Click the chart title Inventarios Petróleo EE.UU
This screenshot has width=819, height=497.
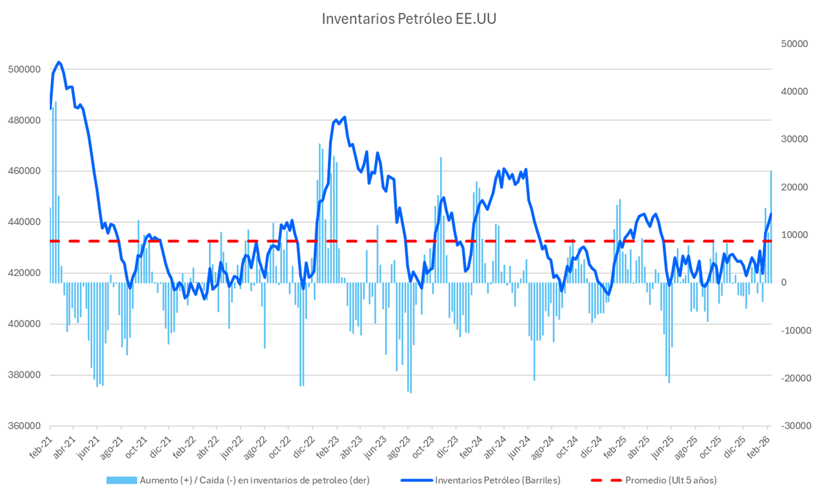tap(409, 18)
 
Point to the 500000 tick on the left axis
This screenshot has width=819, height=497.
tap(23, 69)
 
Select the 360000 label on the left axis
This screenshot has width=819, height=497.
tap(23, 426)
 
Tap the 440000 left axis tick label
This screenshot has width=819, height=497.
tap(23, 222)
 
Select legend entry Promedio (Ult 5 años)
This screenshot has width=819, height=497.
tap(671, 480)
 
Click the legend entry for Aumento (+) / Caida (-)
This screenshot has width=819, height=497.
tap(253, 480)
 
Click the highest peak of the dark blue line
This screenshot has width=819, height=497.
tap(59, 62)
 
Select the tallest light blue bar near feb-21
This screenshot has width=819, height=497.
tap(55, 192)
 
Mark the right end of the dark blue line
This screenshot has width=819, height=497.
tap(771, 214)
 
